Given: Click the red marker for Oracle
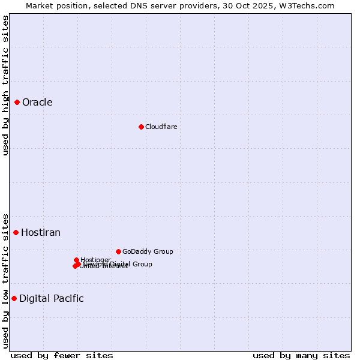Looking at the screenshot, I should pyautogui.click(x=17, y=103).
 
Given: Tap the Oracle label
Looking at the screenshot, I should pyautogui.click(x=37, y=103).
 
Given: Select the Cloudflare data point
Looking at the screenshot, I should pyautogui.click(x=141, y=127).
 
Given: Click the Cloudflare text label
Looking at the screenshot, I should pyautogui.click(x=161, y=127).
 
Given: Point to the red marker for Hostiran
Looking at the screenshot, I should pyautogui.click(x=16, y=233).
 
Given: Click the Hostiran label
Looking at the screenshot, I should pyautogui.click(x=41, y=233).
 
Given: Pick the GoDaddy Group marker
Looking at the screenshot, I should pyautogui.click(x=118, y=251).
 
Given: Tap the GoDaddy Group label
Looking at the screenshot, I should pyautogui.click(x=148, y=252).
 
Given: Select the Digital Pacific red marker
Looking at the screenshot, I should pyautogui.click(x=14, y=298).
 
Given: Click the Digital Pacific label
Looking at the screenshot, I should pyautogui.click(x=52, y=299).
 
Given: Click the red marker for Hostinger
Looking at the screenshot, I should pyautogui.click(x=76, y=260).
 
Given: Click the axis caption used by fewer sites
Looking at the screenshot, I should pyautogui.click(x=62, y=355).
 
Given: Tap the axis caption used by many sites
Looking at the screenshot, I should pyautogui.click(x=301, y=355).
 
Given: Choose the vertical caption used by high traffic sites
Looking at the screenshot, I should pyautogui.click(x=5, y=85).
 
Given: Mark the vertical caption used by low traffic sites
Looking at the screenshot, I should pyautogui.click(x=5, y=280).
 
